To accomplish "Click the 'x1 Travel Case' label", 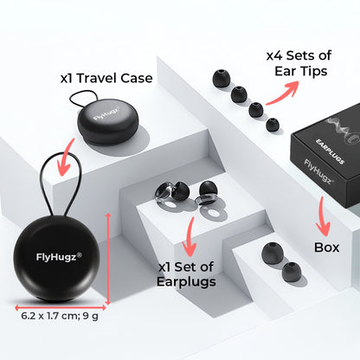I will click(x=106, y=78).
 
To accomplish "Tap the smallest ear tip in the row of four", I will click(x=273, y=125).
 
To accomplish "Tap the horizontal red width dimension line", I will click(x=61, y=305).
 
